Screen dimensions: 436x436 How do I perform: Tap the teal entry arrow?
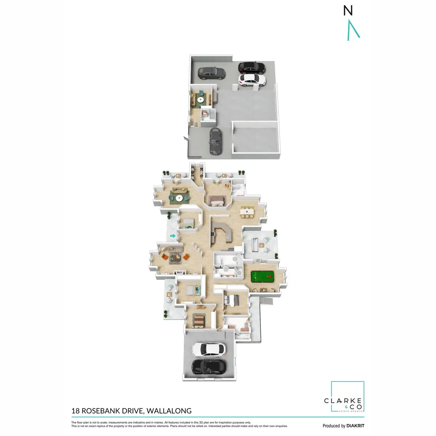pyautogui.click(x=173, y=236)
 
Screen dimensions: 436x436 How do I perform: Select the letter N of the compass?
pyautogui.click(x=348, y=11)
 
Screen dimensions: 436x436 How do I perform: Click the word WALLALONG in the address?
pyautogui.click(x=169, y=411)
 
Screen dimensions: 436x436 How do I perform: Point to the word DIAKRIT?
pyautogui.click(x=355, y=426)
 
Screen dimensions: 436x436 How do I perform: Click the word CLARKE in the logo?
pyautogui.click(x=343, y=401)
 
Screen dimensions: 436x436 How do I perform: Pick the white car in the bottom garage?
pyautogui.click(x=209, y=349)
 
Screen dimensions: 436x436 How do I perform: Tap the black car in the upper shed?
pyautogui.click(x=251, y=67)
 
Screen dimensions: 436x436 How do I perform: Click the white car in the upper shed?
pyautogui.click(x=252, y=80)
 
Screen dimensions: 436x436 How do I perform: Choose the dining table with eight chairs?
pyautogui.click(x=247, y=211)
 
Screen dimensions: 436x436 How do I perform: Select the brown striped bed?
pyautogui.click(x=199, y=321)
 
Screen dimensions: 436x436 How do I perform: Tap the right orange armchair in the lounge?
pyautogui.click(x=186, y=257)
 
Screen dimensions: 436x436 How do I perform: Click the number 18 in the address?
pyautogui.click(x=76, y=411)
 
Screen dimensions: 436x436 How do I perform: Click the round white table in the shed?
pyautogui.click(x=201, y=99)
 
